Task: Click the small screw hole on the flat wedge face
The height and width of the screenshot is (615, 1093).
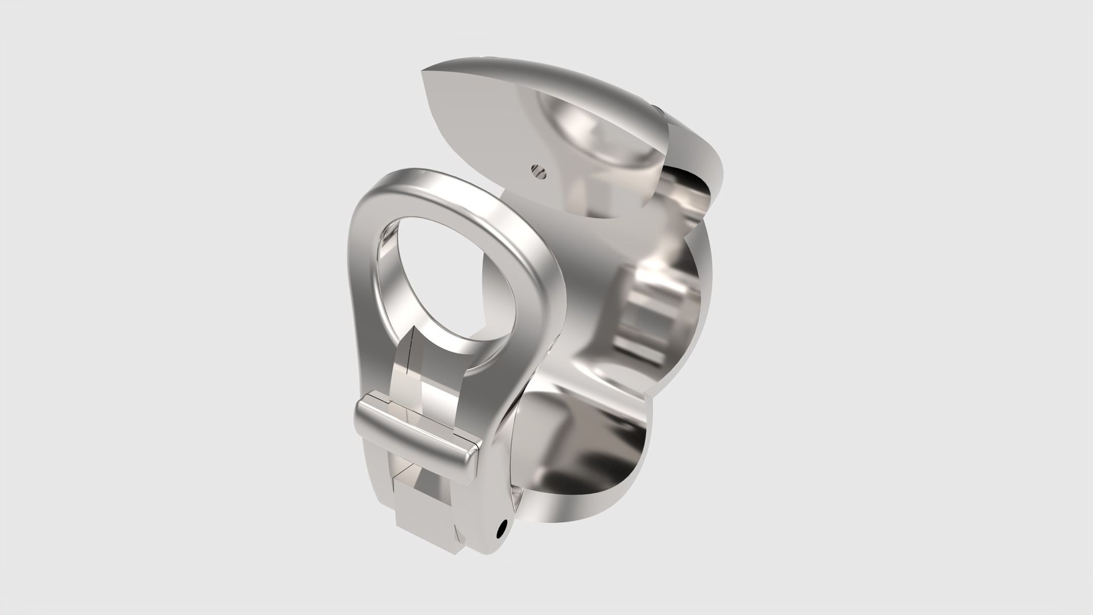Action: click(537, 169)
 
